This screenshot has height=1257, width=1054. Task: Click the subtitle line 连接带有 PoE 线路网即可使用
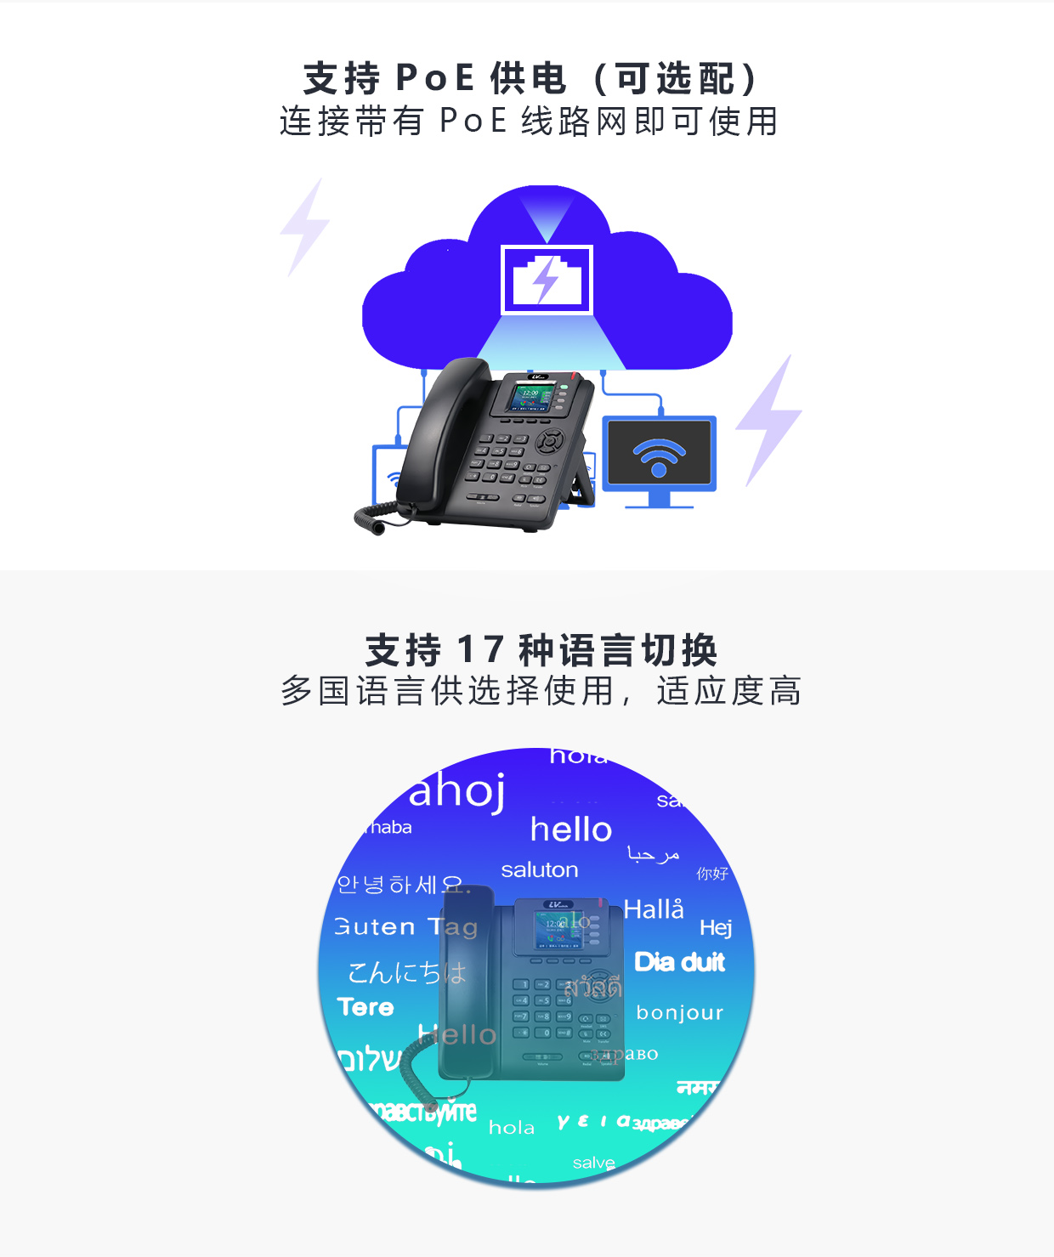point(529,122)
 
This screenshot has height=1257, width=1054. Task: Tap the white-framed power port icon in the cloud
point(547,280)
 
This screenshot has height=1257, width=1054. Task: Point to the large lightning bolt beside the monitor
point(769,420)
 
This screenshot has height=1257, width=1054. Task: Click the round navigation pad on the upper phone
point(550,441)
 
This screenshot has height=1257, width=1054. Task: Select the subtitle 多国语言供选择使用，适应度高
point(541,691)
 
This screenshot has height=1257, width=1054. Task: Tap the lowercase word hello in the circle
point(570,830)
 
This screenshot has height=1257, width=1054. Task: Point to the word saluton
point(540,870)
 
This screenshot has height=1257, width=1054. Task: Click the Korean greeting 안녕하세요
point(399,886)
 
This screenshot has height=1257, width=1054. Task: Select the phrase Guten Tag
point(406,926)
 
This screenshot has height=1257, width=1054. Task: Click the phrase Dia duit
point(679,962)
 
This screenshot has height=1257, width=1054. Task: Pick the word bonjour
point(679,1013)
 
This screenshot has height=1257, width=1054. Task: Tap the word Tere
point(365,1007)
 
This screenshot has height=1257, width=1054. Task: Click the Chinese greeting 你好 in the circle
point(712,874)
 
